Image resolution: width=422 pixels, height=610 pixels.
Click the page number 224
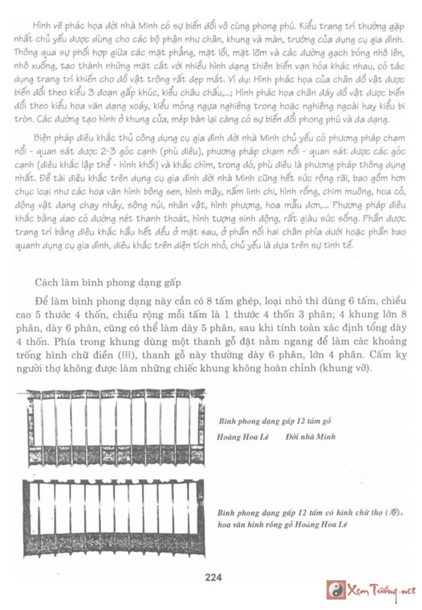213,577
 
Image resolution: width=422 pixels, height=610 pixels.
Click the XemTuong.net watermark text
381,591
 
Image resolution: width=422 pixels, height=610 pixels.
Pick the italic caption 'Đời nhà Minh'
309,437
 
